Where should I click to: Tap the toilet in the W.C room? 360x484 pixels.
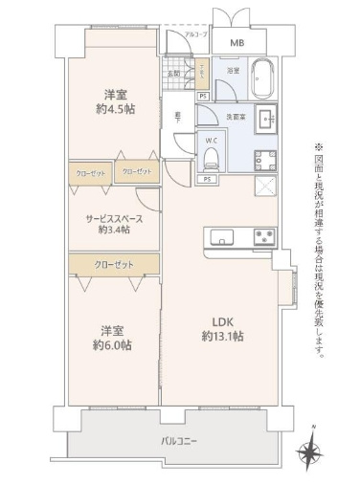click(x=214, y=158)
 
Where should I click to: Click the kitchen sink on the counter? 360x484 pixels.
click(x=222, y=236)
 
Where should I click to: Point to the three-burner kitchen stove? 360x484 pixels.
click(x=263, y=236)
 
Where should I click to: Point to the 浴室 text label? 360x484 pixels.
click(x=233, y=72)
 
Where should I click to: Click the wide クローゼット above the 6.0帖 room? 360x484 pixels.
click(x=113, y=264)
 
